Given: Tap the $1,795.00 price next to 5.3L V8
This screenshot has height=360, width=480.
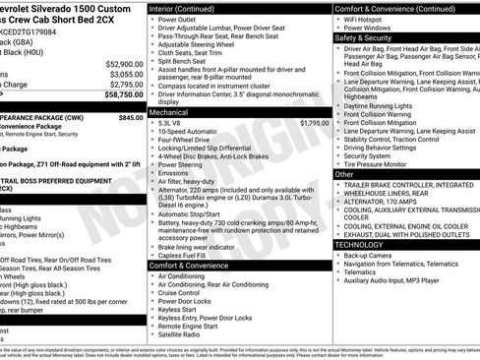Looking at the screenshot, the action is coord(310,123).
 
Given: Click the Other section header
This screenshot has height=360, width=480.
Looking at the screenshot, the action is coord(345,174).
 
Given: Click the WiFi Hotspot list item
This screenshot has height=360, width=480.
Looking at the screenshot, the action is coord(372,18).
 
